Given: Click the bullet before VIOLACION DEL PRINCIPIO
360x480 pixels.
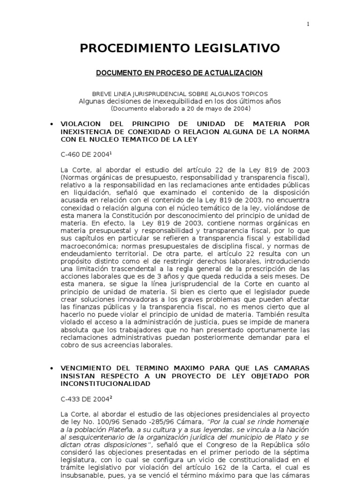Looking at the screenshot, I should coord(50,124).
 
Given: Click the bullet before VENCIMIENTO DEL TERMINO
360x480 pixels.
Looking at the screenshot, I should coord(50,367).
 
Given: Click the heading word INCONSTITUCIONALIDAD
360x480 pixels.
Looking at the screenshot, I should coord(105,383).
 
